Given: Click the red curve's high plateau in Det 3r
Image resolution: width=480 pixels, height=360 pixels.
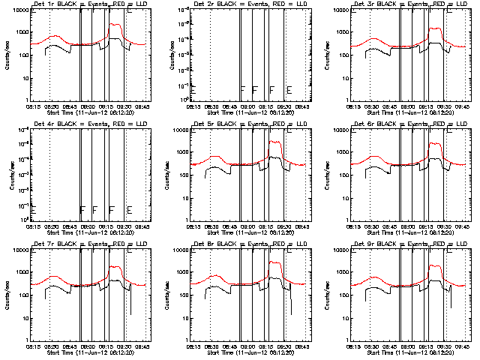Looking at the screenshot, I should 434,29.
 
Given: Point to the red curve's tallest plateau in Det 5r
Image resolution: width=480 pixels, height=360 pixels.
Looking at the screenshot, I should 274,142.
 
